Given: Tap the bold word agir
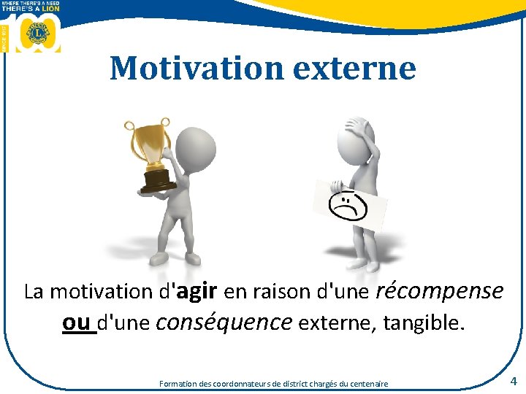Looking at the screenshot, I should [197, 292].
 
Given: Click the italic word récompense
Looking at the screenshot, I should [439, 292].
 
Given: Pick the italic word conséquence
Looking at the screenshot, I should [224, 322].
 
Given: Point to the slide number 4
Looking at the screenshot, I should [514, 381].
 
